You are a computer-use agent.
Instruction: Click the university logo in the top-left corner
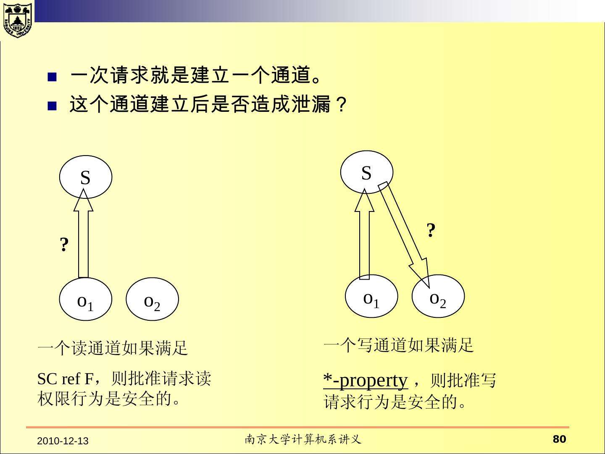[17, 20]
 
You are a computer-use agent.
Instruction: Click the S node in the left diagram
[86, 177]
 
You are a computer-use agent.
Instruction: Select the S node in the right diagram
[366, 172]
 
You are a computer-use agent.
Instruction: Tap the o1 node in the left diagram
[86, 299]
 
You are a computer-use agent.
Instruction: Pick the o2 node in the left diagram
[152, 299]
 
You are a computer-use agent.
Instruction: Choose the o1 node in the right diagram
[371, 296]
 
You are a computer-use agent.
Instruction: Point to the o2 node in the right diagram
[438, 296]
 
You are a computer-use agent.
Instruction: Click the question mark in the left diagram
[64, 244]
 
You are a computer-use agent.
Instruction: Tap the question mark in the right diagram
[431, 230]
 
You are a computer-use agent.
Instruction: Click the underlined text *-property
[366, 380]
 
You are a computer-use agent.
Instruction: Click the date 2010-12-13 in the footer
[63, 441]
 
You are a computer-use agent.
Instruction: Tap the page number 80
[559, 439]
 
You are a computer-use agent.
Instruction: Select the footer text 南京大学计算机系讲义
[303, 440]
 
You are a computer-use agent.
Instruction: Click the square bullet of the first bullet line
[52, 77]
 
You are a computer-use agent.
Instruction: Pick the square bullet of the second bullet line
[52, 106]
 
